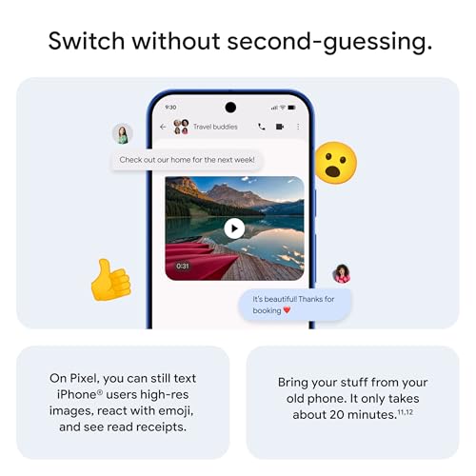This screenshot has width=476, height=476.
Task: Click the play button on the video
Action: click(x=234, y=228)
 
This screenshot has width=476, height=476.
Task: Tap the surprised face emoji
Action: click(x=334, y=162)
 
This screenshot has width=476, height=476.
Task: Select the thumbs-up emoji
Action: click(x=110, y=279)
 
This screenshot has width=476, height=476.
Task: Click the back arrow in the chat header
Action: click(x=163, y=127)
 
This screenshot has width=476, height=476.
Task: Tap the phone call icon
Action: click(x=262, y=127)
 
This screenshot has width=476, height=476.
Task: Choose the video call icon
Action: click(x=280, y=127)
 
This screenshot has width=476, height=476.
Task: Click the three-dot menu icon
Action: click(x=297, y=127)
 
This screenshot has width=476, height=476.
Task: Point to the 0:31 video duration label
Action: click(x=183, y=266)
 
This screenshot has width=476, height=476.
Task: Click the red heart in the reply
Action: click(x=287, y=310)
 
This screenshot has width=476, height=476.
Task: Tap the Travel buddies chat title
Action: click(x=215, y=127)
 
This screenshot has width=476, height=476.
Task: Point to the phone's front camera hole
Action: click(x=229, y=107)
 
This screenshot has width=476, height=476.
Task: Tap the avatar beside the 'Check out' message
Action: click(x=121, y=133)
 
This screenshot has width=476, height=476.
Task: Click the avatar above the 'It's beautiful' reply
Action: click(x=341, y=274)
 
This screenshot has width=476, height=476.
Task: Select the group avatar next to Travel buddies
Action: click(x=181, y=127)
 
